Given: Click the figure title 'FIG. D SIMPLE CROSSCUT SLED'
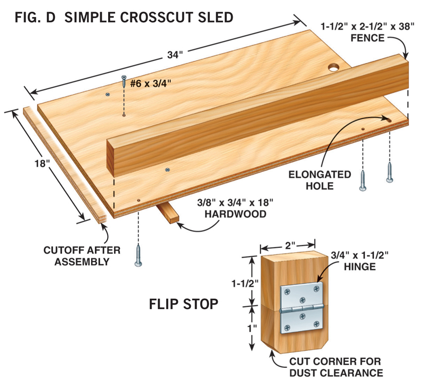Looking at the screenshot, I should coord(122,17).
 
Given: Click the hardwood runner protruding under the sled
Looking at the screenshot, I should coord(169,213).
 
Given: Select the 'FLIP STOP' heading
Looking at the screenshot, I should coord(183,304).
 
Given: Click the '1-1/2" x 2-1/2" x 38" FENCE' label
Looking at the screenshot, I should coord(367,31).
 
